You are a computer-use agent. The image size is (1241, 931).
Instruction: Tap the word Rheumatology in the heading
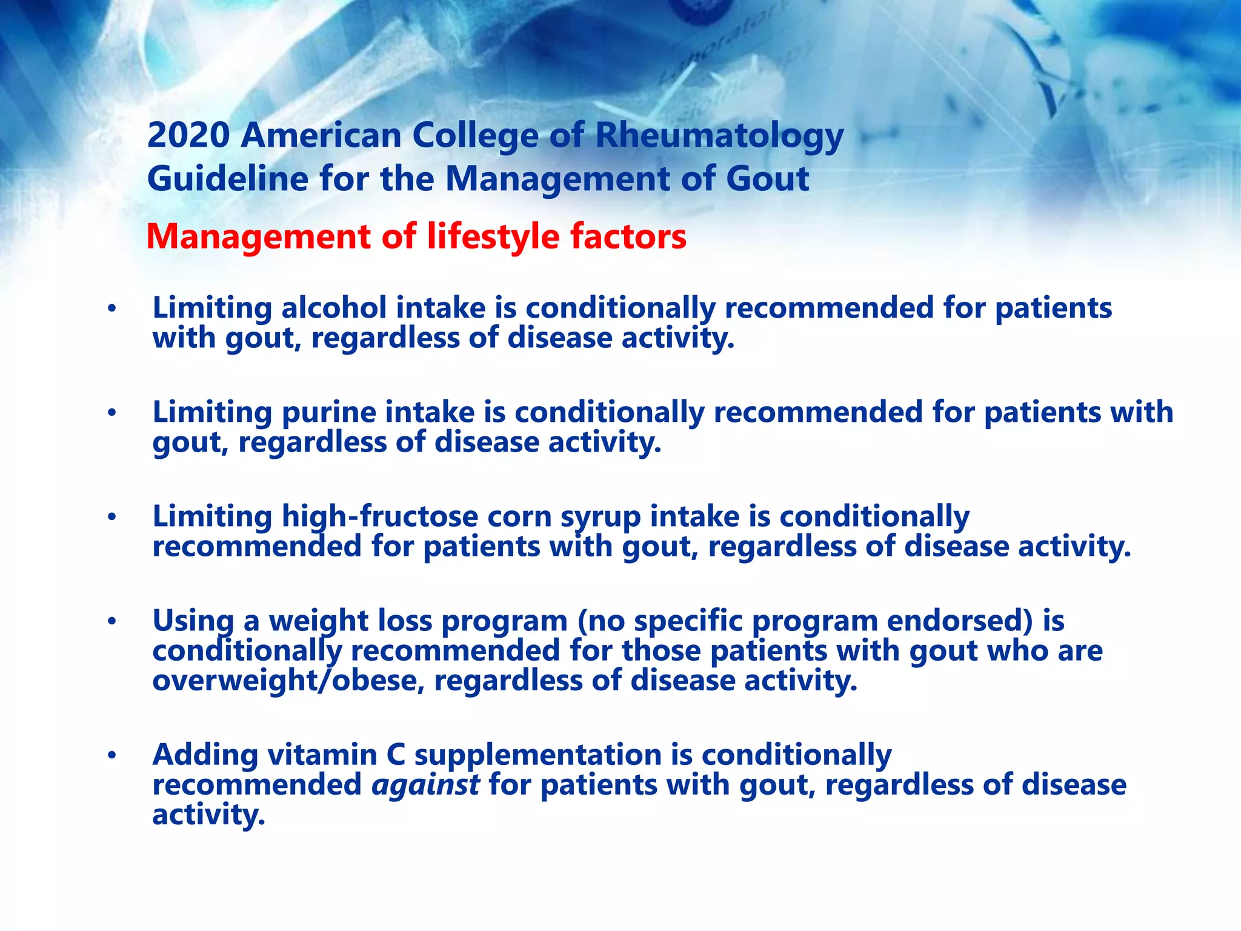point(719,136)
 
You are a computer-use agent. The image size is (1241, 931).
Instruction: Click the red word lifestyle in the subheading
point(494,236)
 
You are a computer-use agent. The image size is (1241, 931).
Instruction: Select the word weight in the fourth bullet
point(319,621)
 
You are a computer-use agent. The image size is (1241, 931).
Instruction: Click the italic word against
point(425,785)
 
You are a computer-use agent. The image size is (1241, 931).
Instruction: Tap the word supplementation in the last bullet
point(538,756)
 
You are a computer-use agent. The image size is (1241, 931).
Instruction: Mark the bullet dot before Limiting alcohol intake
point(111,309)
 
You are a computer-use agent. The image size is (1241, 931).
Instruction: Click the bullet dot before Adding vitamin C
point(111,756)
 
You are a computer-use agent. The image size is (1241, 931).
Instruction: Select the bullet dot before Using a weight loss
point(111,622)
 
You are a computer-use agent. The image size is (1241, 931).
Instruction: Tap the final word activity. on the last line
point(208,815)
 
